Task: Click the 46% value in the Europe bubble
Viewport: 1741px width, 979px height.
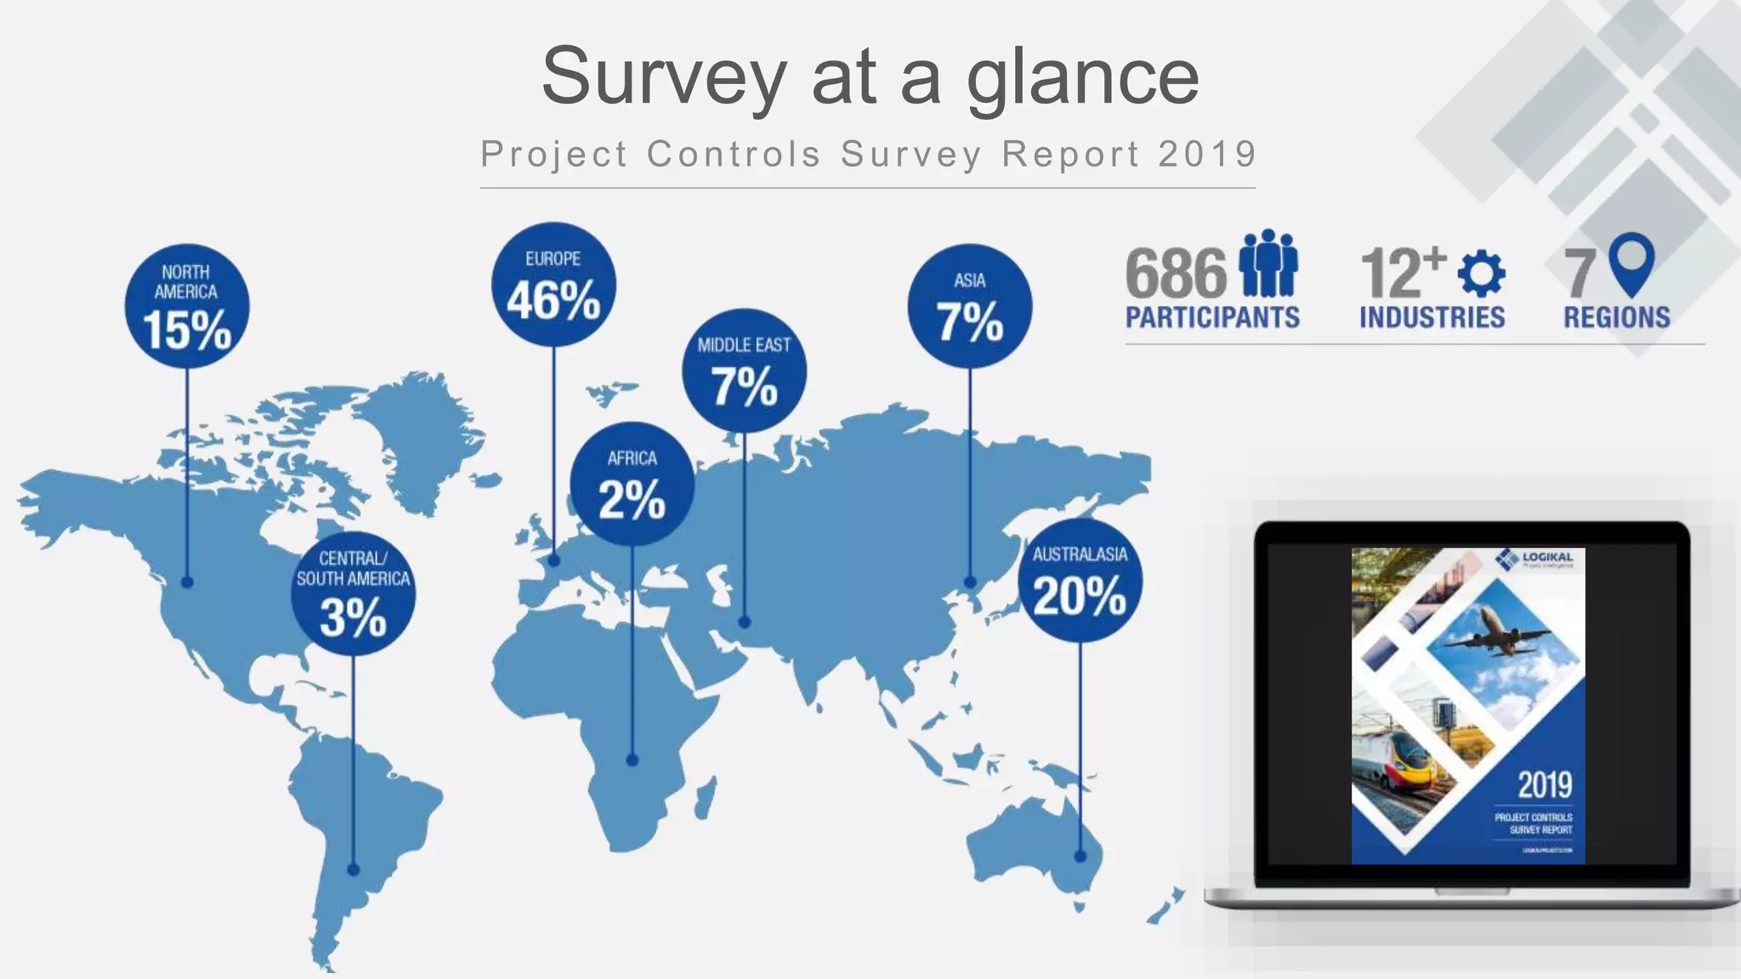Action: tap(553, 300)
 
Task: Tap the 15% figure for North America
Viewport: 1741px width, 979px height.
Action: tap(187, 330)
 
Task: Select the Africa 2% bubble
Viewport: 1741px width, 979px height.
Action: tap(632, 484)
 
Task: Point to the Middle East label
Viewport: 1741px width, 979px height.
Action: tap(744, 345)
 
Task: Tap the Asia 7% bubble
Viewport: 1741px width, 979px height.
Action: tap(969, 306)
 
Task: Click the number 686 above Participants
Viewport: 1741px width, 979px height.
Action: tap(1176, 273)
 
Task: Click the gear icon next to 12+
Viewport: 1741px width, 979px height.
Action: tap(1482, 274)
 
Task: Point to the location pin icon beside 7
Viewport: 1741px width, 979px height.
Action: tap(1631, 263)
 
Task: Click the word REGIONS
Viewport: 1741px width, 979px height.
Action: tap(1616, 318)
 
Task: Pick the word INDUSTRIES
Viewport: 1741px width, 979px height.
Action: tap(1432, 318)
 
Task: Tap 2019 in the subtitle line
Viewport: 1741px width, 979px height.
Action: tap(1207, 154)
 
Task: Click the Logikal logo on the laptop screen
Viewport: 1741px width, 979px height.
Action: tap(1535, 558)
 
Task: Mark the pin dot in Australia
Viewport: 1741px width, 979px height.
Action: tap(1080, 856)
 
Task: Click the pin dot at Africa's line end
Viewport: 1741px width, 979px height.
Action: tap(632, 760)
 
